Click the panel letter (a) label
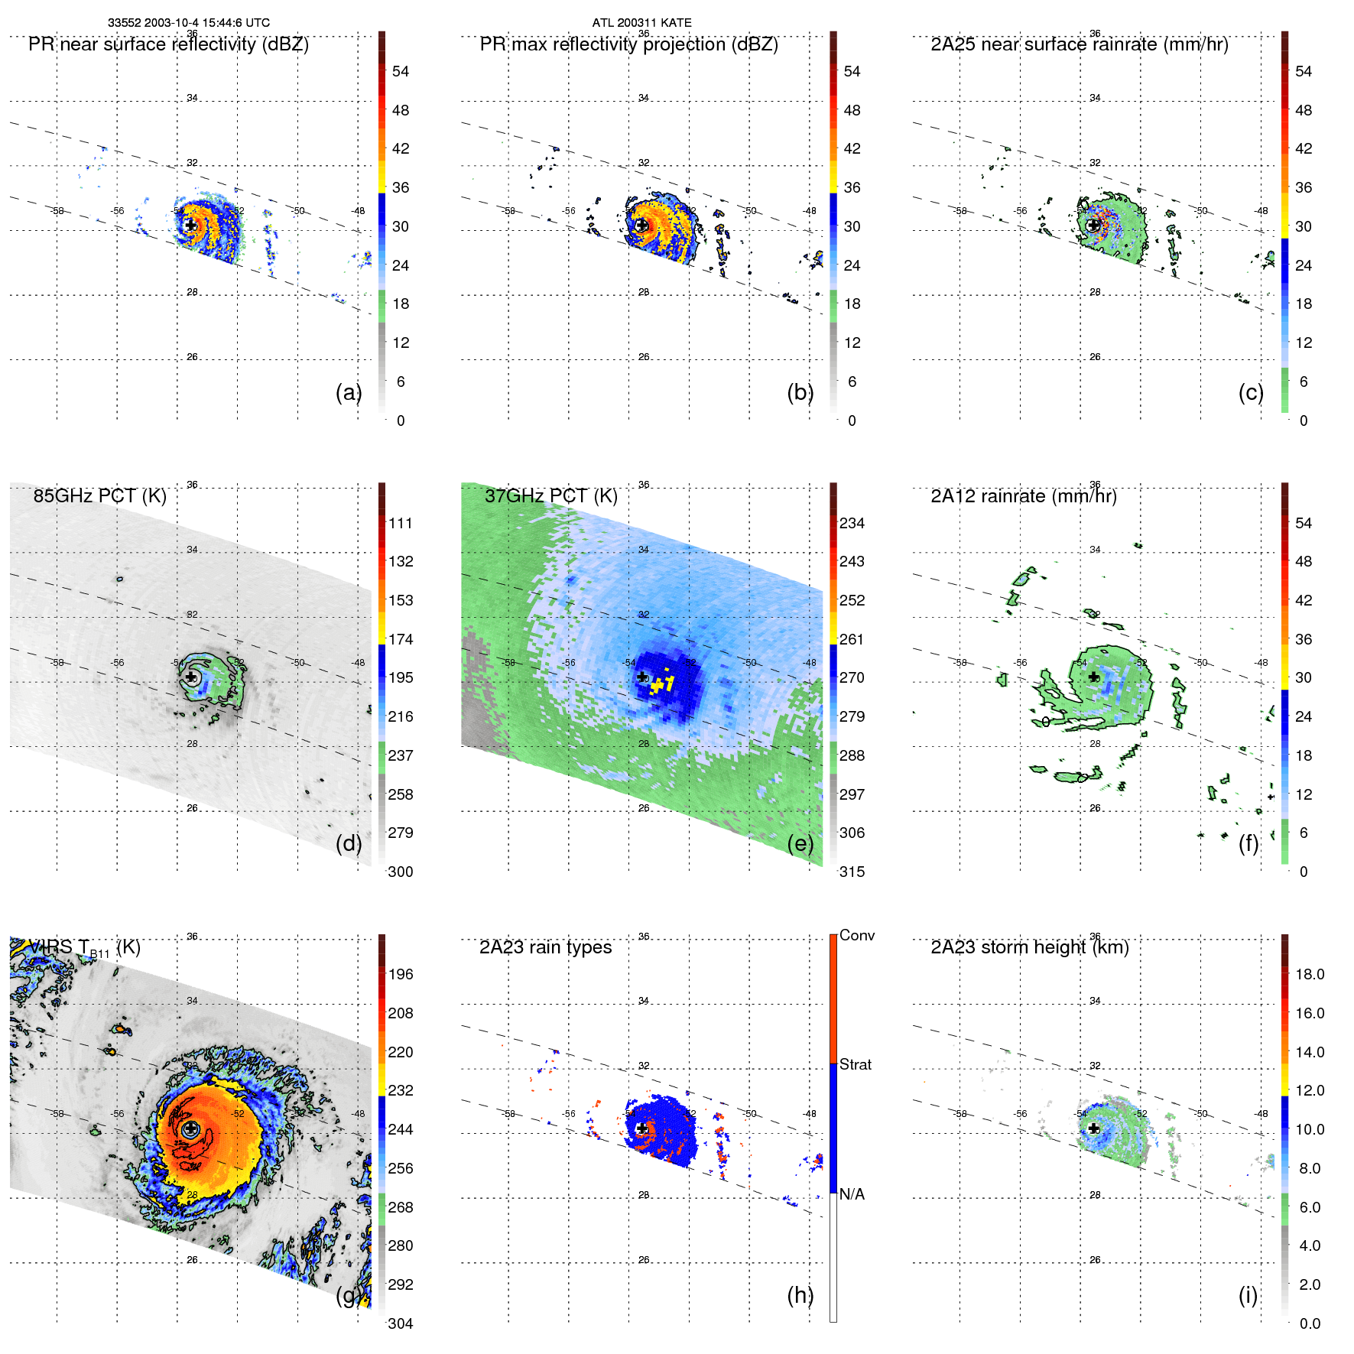(x=348, y=393)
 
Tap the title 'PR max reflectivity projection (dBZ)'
(x=628, y=44)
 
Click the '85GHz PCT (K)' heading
(x=99, y=496)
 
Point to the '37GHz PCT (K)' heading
(x=550, y=496)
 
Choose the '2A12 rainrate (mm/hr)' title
(x=1023, y=496)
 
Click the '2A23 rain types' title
(x=545, y=947)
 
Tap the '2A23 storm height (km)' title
(x=1029, y=947)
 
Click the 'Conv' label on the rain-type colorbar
(x=856, y=935)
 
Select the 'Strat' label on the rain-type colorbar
(x=855, y=1064)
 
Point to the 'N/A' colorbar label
(x=852, y=1194)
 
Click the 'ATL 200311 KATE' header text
(x=641, y=23)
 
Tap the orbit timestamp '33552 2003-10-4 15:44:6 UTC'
(x=188, y=23)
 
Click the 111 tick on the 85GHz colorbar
(x=401, y=523)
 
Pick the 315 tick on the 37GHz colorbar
(x=852, y=872)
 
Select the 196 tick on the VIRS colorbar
(x=401, y=974)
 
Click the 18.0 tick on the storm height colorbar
(x=1310, y=974)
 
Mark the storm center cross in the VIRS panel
(x=190, y=1128)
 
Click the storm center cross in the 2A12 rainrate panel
(x=1094, y=677)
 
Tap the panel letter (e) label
(x=800, y=844)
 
